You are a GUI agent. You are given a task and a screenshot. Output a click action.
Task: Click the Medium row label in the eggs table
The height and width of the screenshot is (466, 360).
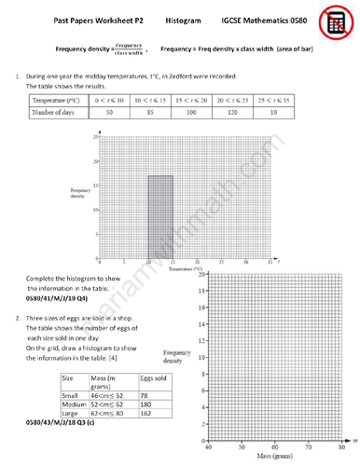[x=74, y=405]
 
